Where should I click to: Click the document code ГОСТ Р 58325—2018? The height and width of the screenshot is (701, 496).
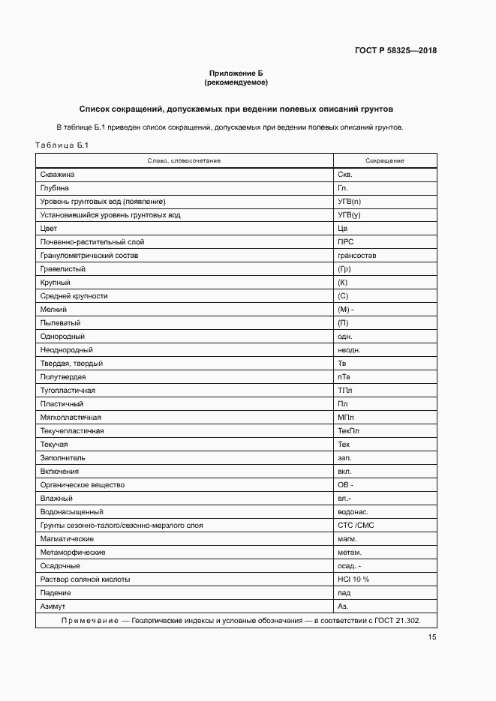tap(395, 51)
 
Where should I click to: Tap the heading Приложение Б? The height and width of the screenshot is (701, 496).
tap(236, 73)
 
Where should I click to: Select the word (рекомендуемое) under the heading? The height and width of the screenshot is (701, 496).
tap(236, 82)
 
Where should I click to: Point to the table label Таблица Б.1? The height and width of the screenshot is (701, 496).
tap(62, 145)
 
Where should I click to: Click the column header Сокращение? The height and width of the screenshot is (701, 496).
tap(384, 161)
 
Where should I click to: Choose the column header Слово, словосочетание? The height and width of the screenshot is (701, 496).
tap(184, 161)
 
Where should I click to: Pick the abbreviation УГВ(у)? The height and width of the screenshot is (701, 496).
tap(350, 215)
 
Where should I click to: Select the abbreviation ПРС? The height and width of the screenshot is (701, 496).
tap(346, 242)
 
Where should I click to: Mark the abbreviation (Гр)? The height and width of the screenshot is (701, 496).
tap(345, 269)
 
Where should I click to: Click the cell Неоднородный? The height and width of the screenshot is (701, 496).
tap(67, 350)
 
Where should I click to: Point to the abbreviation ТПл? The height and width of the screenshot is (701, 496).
tap(345, 391)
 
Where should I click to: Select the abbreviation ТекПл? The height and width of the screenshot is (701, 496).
tap(349, 431)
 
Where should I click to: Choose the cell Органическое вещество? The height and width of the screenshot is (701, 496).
tap(82, 485)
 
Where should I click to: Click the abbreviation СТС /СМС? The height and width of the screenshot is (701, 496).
tap(356, 526)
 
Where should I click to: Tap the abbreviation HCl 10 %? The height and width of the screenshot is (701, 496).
tap(353, 580)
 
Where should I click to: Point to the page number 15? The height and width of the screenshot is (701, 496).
tap(432, 637)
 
